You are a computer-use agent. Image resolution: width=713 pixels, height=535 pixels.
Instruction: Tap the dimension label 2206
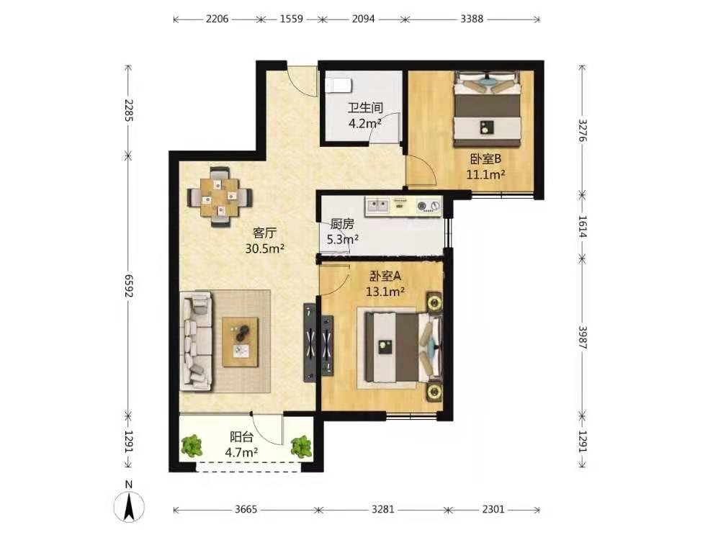click(217, 19)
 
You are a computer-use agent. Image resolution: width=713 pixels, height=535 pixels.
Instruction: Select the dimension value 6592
click(128, 286)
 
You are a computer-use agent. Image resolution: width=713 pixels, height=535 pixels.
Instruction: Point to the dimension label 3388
click(472, 19)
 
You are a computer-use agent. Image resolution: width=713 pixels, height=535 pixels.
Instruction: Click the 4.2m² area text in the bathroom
click(364, 123)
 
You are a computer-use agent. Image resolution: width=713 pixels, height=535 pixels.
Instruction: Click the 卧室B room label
click(485, 159)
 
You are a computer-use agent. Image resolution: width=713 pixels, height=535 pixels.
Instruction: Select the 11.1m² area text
click(485, 174)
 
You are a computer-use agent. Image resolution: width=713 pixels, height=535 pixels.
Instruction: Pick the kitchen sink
click(377, 207)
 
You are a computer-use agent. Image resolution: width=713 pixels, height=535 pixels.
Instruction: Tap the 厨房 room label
click(342, 224)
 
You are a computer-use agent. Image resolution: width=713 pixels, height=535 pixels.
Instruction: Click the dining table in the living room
click(220, 197)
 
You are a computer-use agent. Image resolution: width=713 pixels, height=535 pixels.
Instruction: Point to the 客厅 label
click(264, 233)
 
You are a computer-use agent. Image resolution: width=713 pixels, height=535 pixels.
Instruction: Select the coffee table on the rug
click(240, 342)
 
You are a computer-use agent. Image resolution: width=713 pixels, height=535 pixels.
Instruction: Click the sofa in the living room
click(197, 341)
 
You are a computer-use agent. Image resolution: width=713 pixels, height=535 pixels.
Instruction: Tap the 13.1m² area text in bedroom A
click(385, 292)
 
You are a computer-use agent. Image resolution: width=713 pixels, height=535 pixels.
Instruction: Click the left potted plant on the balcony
click(192, 446)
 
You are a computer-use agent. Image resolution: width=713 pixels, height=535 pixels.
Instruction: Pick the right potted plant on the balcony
click(301, 446)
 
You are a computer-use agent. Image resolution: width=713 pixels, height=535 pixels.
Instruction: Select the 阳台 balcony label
click(241, 437)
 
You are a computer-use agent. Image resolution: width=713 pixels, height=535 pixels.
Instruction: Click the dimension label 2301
click(493, 509)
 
